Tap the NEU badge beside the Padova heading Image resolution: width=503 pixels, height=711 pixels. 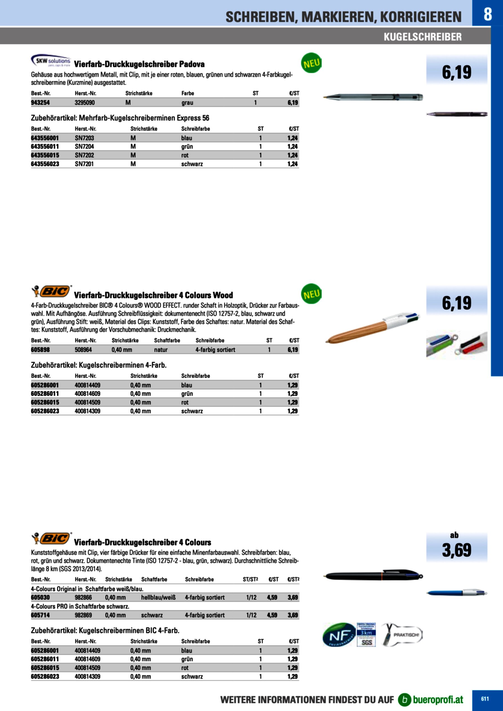(311, 63)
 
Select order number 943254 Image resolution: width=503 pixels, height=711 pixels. (40, 103)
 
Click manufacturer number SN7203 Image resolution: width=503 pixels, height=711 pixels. (84, 138)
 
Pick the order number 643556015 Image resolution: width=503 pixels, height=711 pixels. (45, 155)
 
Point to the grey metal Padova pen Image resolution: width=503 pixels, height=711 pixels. (373, 97)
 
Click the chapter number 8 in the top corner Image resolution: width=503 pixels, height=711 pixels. (488, 14)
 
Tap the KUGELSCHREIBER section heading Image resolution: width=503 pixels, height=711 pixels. (422, 37)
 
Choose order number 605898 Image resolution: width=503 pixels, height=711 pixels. (40, 350)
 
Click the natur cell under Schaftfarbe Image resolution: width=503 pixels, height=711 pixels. (161, 350)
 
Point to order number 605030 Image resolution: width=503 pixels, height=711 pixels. (40, 597)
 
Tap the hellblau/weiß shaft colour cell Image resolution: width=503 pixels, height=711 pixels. (158, 597)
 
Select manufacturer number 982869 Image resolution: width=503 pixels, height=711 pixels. (83, 615)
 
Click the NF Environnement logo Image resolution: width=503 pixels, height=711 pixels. (339, 634)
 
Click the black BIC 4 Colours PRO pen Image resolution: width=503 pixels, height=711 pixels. (373, 576)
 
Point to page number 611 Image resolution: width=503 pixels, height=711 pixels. (485, 699)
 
